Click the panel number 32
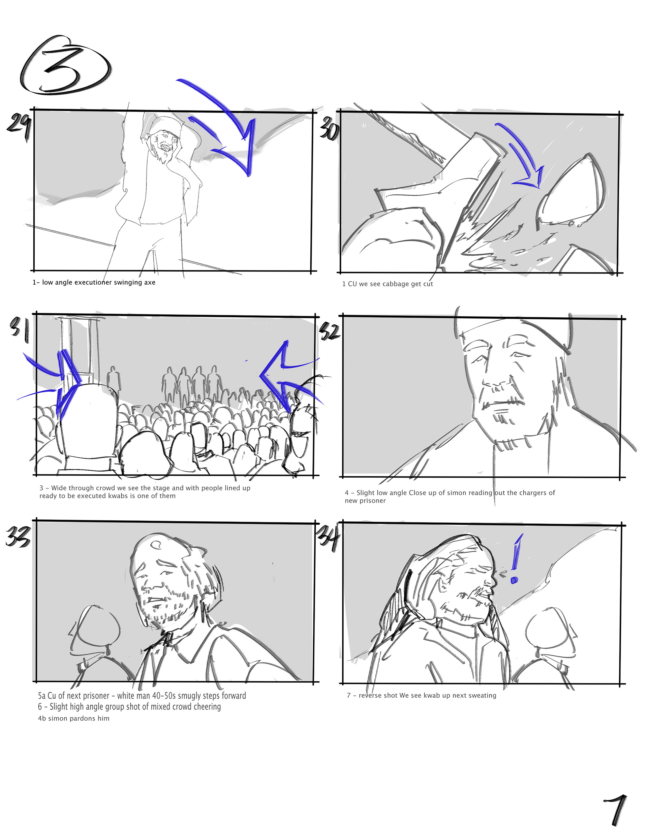click(x=330, y=332)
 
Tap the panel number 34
click(x=329, y=537)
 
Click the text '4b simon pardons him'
click(x=74, y=718)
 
